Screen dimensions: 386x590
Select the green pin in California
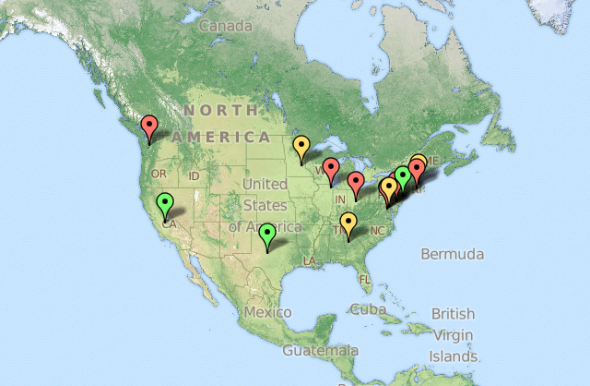coord(165,204)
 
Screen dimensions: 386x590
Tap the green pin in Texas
coord(267,235)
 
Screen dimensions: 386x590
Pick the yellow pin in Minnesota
coord(301,147)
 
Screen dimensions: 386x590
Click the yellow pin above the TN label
coord(348,223)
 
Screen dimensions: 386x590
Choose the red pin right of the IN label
coord(355,182)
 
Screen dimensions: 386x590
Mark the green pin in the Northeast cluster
coord(403,175)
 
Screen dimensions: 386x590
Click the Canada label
coord(225,26)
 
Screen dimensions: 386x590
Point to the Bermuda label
coord(452,253)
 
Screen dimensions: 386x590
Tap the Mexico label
coord(267,312)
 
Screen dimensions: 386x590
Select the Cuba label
coord(368,309)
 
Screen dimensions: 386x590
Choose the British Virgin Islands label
coord(453,334)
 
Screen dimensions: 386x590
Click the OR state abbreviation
coord(159,174)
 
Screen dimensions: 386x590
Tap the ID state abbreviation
coord(194,175)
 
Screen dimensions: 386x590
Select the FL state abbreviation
coord(366,278)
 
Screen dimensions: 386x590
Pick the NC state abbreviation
coord(376,230)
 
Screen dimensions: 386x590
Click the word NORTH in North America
coord(220,110)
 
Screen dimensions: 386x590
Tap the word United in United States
coord(265,185)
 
